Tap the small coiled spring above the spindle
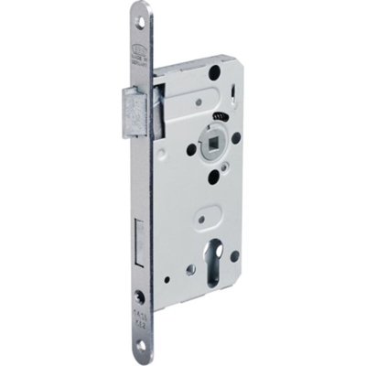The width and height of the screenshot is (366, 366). [219, 119]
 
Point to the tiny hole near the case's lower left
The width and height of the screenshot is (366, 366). [169, 277]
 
